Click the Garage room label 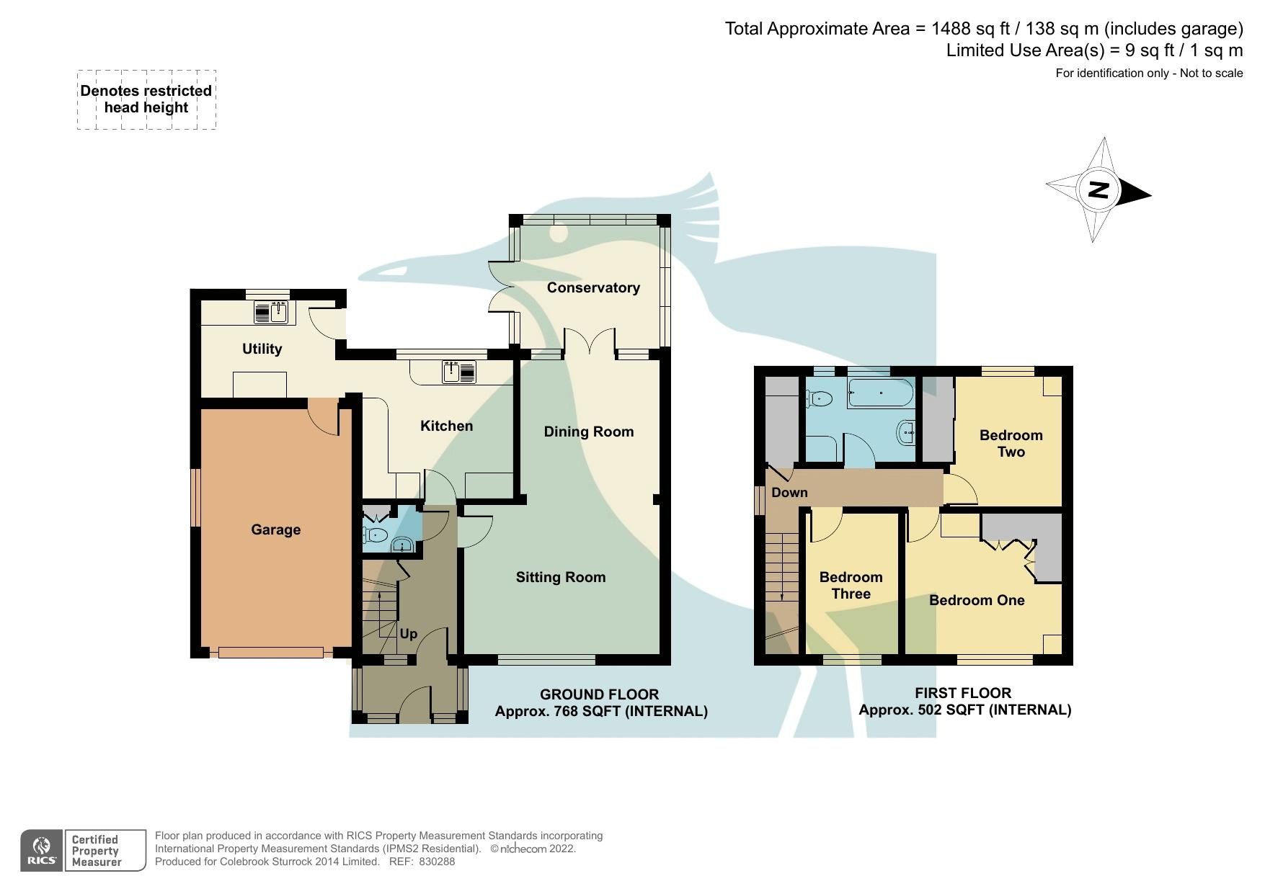[x=275, y=529]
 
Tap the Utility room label [x=262, y=349]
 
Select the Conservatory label [x=593, y=287]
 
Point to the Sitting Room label [x=560, y=577]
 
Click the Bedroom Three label [x=851, y=585]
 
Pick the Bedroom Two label [x=1011, y=443]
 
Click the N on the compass [x=1098, y=190]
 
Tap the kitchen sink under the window [x=459, y=372]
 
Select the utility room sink [x=271, y=313]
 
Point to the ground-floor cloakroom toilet [x=376, y=535]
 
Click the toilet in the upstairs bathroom [x=821, y=398]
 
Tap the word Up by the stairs [x=408, y=634]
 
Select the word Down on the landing [x=789, y=493]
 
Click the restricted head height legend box [x=146, y=99]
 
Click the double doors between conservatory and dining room [x=590, y=341]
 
